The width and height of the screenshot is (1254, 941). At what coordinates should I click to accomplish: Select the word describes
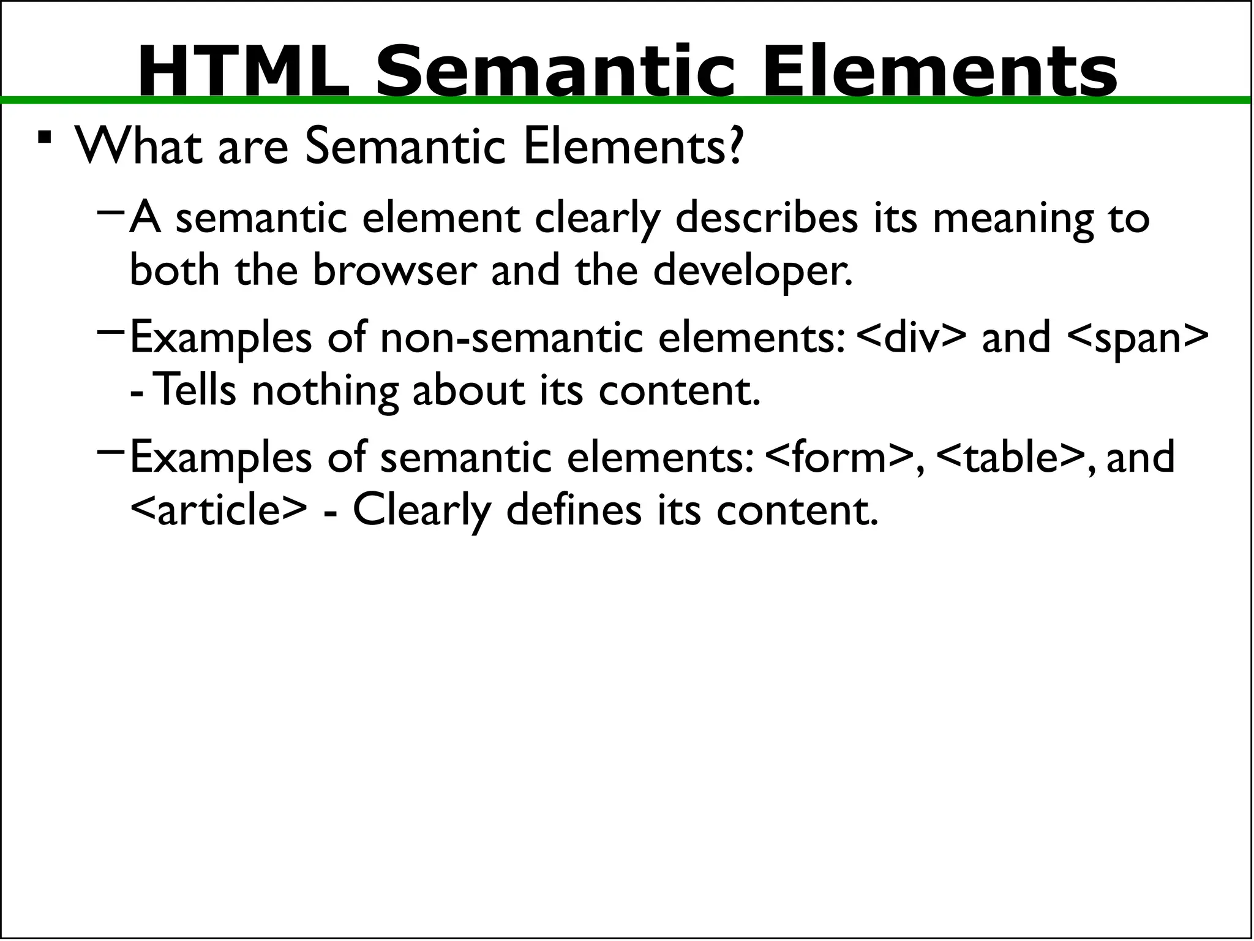click(767, 218)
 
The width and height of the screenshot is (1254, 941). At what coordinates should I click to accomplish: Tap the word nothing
click(325, 391)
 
